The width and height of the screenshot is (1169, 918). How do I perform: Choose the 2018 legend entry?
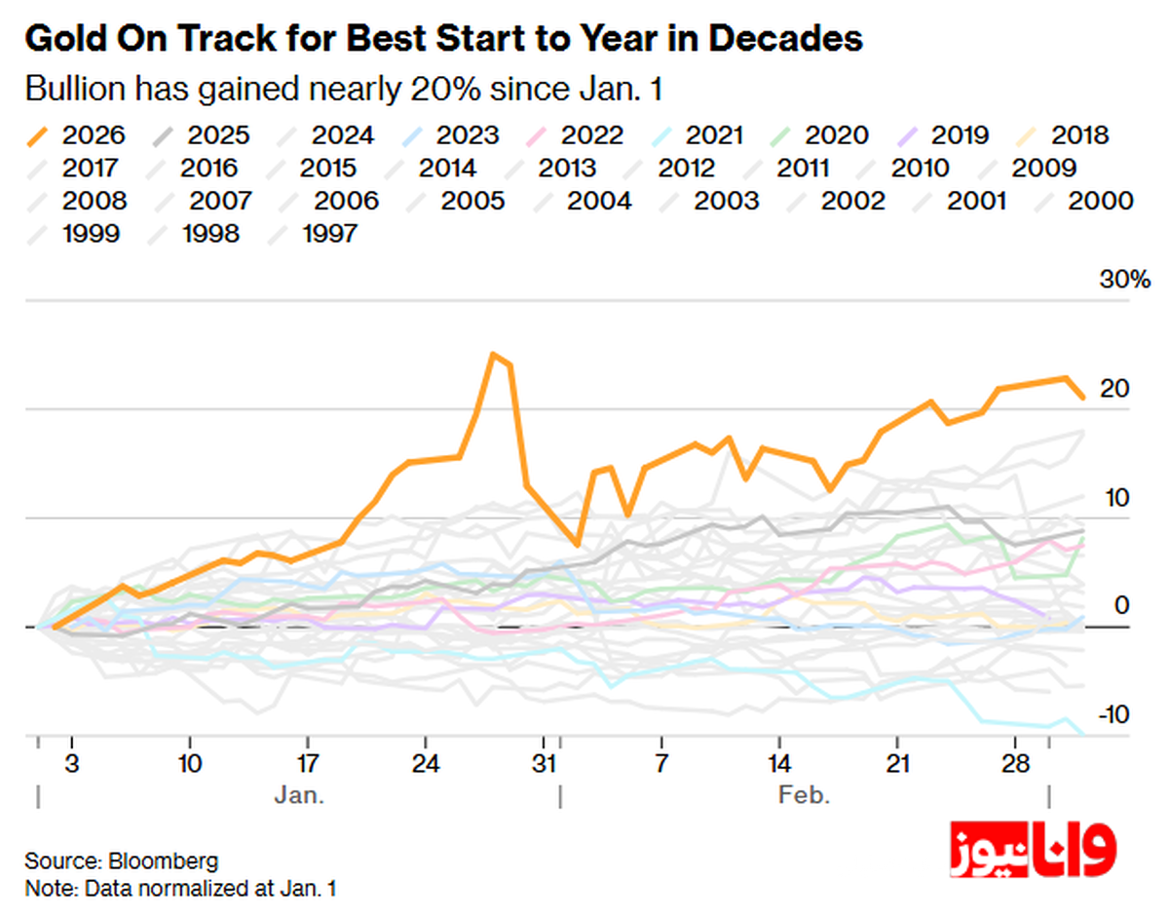(x=1078, y=135)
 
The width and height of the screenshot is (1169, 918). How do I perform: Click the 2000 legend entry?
(x=1100, y=201)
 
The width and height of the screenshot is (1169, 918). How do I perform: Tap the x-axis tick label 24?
(x=425, y=761)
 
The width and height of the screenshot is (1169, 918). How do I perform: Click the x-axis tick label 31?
(x=547, y=761)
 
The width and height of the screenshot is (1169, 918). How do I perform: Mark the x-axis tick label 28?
(x=1015, y=761)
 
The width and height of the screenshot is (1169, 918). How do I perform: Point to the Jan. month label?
(x=299, y=794)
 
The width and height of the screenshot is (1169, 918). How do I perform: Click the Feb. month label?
(x=804, y=794)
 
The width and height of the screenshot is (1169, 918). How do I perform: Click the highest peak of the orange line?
(x=494, y=354)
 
